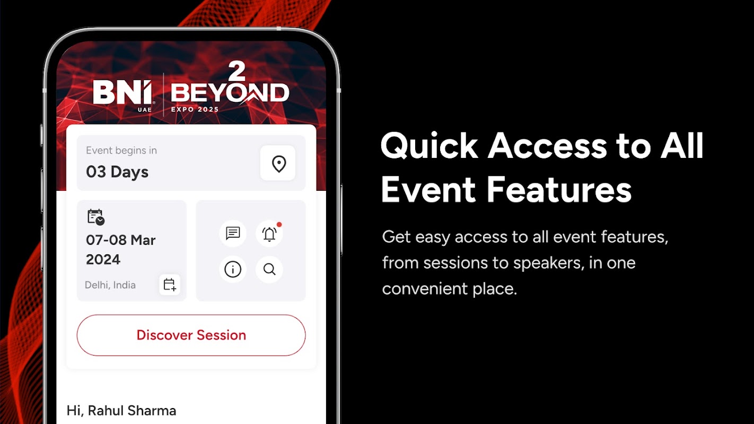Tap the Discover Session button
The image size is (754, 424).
[x=191, y=335]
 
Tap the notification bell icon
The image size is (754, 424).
[x=269, y=234]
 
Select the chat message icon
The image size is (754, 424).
[x=233, y=233]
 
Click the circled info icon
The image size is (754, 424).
[x=233, y=269]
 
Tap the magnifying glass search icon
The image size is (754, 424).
[x=269, y=269]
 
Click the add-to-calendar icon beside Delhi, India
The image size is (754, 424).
[x=170, y=285]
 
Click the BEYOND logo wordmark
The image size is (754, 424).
[x=230, y=92]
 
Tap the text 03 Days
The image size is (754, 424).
[x=117, y=172]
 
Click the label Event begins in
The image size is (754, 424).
[x=121, y=151]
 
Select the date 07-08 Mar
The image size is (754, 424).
[x=120, y=240]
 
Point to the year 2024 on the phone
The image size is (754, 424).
[x=103, y=260]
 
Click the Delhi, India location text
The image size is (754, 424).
[x=110, y=285]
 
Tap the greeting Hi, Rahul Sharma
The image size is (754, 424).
[x=121, y=411]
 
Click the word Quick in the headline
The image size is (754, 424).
[x=429, y=146]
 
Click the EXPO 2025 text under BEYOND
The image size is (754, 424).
[x=195, y=109]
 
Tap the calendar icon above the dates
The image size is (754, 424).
[x=96, y=217]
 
